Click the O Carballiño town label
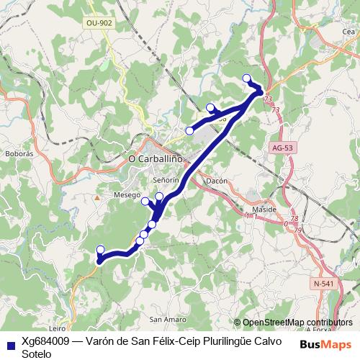[154, 158]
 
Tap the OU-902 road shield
[99, 23]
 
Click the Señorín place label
[166, 179]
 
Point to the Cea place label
[348, 32]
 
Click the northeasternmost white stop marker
[247, 78]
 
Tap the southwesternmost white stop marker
[101, 250]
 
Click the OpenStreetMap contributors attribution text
[297, 323]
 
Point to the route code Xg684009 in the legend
[48, 341]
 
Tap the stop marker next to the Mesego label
[145, 201]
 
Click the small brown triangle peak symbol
[97, 196]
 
